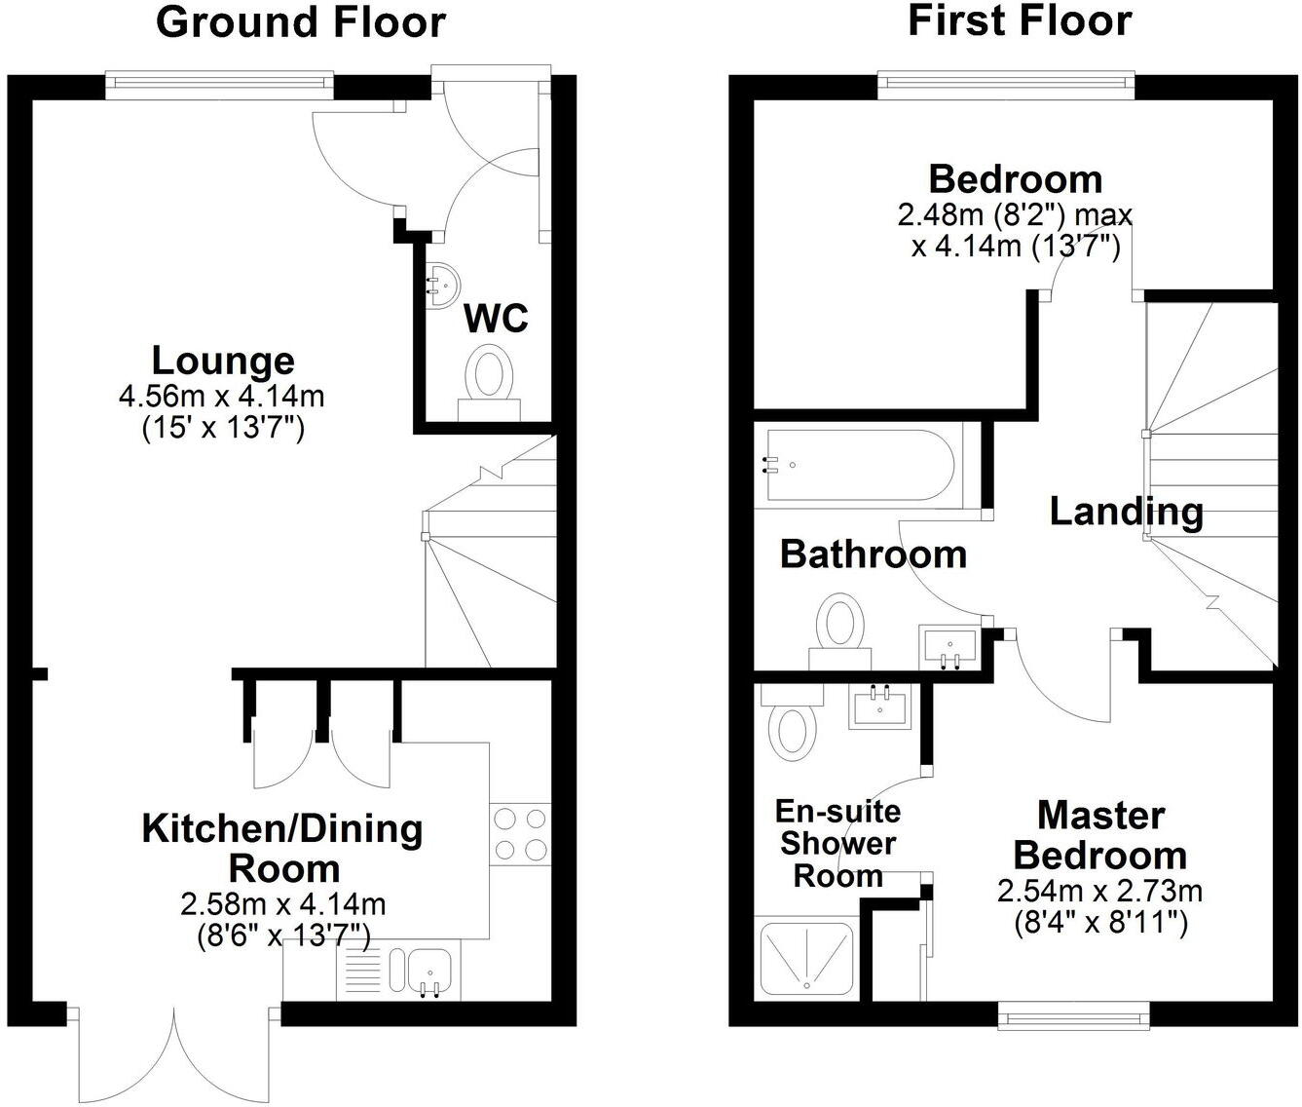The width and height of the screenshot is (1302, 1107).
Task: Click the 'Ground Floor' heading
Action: (301, 22)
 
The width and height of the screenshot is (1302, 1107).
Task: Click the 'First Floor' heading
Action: (1020, 20)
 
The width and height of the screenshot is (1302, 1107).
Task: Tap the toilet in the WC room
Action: (490, 379)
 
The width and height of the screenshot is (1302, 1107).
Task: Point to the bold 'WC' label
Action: (496, 318)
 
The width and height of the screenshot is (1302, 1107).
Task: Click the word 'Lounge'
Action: (223, 361)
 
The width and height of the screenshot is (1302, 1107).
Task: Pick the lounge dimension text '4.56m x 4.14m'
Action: (221, 397)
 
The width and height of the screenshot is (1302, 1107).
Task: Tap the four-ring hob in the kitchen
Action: (520, 833)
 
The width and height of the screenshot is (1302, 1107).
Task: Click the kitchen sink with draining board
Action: (400, 973)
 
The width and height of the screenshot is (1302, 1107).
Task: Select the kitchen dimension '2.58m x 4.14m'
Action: (282, 905)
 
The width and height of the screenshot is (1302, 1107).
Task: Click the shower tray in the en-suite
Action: (806, 959)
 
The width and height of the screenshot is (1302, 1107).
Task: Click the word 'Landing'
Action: (1126, 512)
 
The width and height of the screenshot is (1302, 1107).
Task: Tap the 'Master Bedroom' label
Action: (1100, 835)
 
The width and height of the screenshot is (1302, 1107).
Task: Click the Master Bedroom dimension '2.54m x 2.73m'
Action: (1099, 892)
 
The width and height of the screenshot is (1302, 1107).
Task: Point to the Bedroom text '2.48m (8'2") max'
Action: (1016, 214)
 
